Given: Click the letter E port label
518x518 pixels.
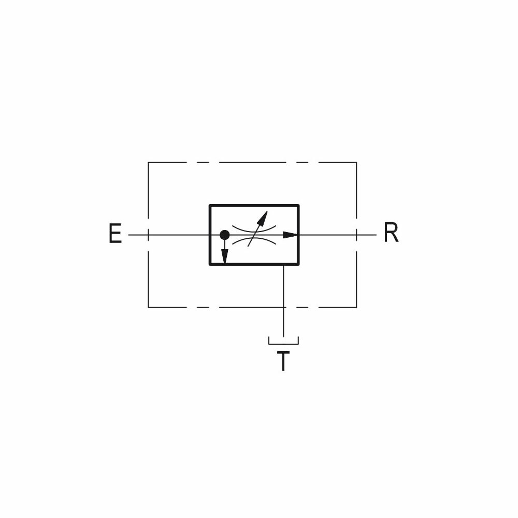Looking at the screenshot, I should tap(115, 234).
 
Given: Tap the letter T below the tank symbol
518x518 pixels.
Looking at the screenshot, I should tap(283, 361).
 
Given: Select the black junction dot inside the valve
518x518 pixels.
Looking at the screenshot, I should tap(224, 235).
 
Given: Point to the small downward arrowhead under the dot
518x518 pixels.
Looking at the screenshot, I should tap(224, 256).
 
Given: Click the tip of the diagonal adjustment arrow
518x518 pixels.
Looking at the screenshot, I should tap(266, 213).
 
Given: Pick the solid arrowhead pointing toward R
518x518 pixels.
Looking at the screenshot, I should tap(291, 235).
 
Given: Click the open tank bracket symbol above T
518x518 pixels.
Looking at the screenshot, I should tap(283, 342).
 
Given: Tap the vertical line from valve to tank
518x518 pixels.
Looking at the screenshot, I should tap(283, 290).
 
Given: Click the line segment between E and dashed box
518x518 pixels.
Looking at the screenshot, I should tap(138, 235).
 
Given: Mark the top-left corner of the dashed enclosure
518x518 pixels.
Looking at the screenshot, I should tap(149, 163).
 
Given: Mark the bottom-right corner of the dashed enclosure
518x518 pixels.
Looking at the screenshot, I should tap(356, 307).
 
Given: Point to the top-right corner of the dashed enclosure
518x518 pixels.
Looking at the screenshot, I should tap(356, 163).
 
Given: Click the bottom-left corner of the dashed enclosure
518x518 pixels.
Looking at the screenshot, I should tap(149, 307).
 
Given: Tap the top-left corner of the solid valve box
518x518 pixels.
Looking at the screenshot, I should tap(210, 206).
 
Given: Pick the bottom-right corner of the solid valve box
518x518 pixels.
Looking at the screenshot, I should tap(298, 264).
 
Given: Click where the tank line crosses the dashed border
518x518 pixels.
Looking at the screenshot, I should tap(283, 307).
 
